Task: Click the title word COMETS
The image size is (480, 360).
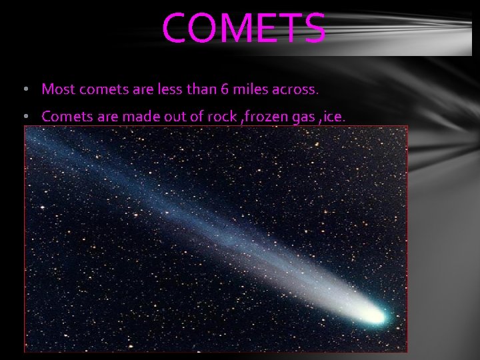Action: tap(244, 28)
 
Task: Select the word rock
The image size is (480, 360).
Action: tap(223, 117)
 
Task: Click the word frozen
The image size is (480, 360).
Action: tap(267, 117)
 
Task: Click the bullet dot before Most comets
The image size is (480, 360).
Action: tap(25, 89)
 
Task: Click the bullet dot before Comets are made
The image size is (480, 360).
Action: tap(25, 117)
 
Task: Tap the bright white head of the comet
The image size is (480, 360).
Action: tap(374, 313)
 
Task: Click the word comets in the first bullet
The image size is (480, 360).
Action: tap(99, 89)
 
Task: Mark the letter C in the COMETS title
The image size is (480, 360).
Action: tap(175, 28)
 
